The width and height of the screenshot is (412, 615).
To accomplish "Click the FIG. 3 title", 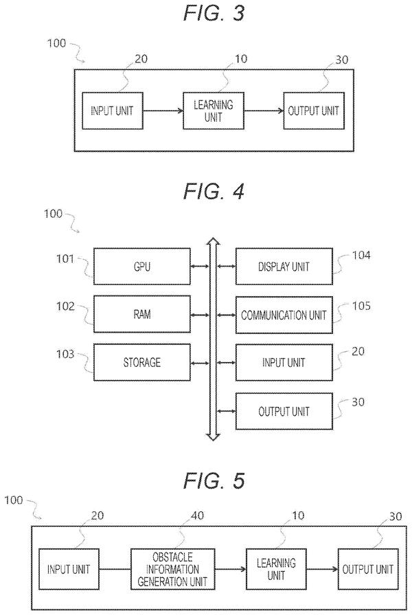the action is click(214, 13).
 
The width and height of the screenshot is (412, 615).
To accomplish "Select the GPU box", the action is click(142, 267).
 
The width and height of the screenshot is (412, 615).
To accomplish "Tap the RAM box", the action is click(142, 314).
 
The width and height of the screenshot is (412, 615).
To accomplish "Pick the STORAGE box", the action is click(142, 362).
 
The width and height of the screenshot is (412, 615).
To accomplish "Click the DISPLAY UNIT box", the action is click(284, 267).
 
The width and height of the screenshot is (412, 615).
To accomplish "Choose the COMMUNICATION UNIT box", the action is click(284, 315).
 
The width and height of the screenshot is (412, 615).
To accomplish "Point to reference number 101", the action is click(65, 258).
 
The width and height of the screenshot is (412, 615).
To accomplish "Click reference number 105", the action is click(361, 306).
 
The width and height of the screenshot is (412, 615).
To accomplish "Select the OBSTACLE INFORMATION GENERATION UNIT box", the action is click(172, 569).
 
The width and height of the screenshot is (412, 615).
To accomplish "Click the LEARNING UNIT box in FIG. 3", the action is click(214, 111).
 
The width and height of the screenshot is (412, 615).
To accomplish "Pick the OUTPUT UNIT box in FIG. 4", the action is click(284, 411).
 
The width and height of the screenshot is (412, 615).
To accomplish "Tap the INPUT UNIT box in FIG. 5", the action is click(69, 569).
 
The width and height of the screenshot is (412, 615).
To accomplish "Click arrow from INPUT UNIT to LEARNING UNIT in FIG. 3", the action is click(163, 111).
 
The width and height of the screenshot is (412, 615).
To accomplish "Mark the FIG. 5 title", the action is click(214, 480).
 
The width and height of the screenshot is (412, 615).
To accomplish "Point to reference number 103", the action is click(65, 354).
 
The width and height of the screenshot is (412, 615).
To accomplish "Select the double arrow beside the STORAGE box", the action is click(200, 364).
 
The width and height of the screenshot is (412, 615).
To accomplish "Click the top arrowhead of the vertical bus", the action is click(214, 242).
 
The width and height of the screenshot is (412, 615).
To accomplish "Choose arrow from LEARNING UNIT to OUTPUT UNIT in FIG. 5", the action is click(322, 569).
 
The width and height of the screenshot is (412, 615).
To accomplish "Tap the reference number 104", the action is click(361, 255).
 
